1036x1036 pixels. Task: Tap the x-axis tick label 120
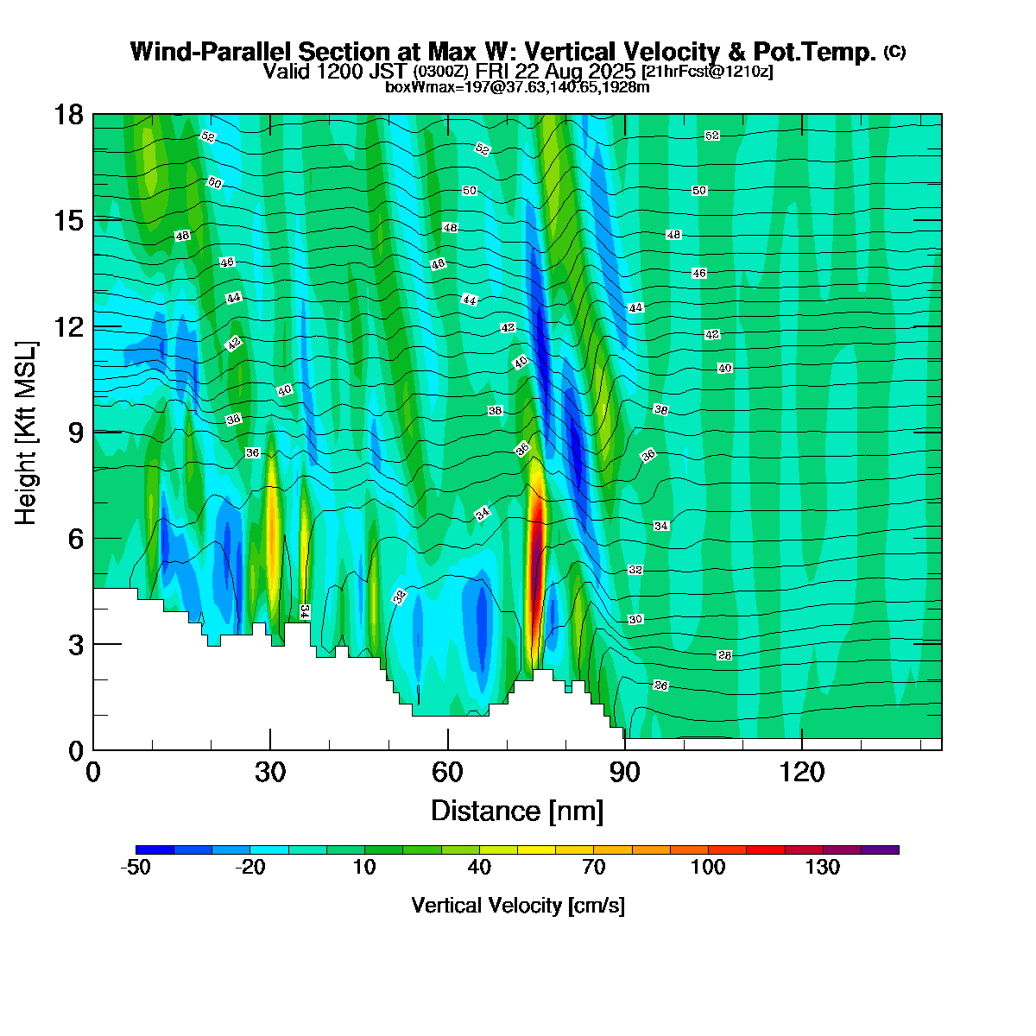pyautogui.click(x=802, y=772)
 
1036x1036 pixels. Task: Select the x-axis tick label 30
pyautogui.click(x=270, y=772)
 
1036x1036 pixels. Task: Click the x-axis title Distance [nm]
pyautogui.click(x=517, y=812)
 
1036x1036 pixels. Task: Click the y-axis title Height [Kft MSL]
pyautogui.click(x=27, y=433)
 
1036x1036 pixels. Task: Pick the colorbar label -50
pyautogui.click(x=136, y=868)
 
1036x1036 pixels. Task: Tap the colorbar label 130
pyautogui.click(x=823, y=868)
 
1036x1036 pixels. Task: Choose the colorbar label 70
pyautogui.click(x=594, y=868)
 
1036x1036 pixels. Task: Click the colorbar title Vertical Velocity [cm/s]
pyautogui.click(x=518, y=906)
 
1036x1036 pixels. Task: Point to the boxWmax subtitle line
pyautogui.click(x=517, y=87)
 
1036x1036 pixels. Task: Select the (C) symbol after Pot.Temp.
pyautogui.click(x=894, y=52)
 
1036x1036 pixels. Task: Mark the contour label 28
pyautogui.click(x=724, y=656)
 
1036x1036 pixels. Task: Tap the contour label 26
pyautogui.click(x=660, y=685)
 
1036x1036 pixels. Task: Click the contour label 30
pyautogui.click(x=635, y=620)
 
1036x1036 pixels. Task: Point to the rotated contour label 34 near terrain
pyautogui.click(x=305, y=611)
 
